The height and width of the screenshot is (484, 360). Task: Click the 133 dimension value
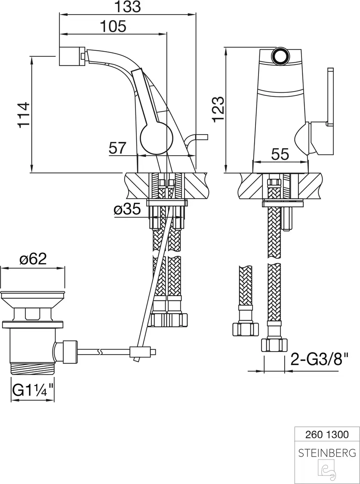pyautogui.click(x=127, y=7)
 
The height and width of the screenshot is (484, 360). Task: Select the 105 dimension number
pyautogui.click(x=113, y=27)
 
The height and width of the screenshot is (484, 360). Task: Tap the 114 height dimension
pyautogui.click(x=24, y=114)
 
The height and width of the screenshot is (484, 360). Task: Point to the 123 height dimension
pyautogui.click(x=218, y=109)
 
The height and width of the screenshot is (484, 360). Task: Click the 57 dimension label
pyautogui.click(x=117, y=148)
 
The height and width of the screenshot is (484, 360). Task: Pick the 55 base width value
pyautogui.click(x=280, y=154)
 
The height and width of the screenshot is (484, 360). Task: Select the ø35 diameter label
pyautogui.click(x=127, y=209)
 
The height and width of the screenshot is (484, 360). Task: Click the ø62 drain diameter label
pyautogui.click(x=33, y=259)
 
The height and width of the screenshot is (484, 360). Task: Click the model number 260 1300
pyautogui.click(x=327, y=435)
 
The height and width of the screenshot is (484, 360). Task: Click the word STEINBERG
pyautogui.click(x=327, y=453)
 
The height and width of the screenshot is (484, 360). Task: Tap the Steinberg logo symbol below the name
pyautogui.click(x=327, y=470)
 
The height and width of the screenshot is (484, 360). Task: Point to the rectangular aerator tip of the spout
pyautogui.click(x=72, y=56)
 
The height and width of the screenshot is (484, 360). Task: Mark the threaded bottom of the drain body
pyautogui.click(x=32, y=368)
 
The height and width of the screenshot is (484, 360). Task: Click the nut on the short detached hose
pyautogui.click(x=245, y=329)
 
